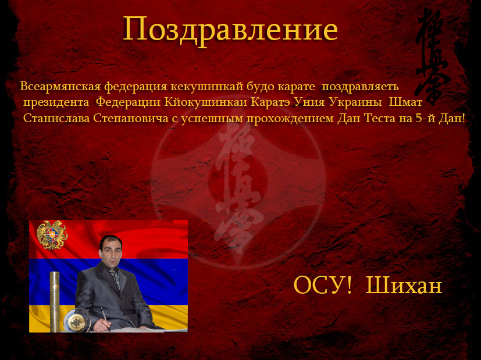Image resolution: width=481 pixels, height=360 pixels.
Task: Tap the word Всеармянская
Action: click(60, 86)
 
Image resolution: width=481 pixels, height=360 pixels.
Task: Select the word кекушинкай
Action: click(206, 86)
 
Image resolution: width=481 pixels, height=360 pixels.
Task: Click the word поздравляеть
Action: click(360, 87)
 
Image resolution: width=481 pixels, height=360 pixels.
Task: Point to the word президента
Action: click(56, 102)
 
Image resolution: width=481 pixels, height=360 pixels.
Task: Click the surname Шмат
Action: click(405, 102)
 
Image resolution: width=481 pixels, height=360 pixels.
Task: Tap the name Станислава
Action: click(56, 118)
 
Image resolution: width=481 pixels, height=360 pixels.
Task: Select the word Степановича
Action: click(131, 119)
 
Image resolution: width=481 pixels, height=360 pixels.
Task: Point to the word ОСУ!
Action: click(323, 285)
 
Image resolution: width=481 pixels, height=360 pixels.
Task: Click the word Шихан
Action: click(404, 285)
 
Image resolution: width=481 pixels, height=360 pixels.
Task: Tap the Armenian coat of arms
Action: click(52, 235)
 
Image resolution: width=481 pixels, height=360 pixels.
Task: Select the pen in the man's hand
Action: click(105, 319)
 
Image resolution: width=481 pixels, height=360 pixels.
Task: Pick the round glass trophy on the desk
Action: click(74, 321)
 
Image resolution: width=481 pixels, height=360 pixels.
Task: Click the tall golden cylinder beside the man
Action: click(55, 301)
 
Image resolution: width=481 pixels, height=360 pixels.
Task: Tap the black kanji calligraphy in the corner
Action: click(432, 57)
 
